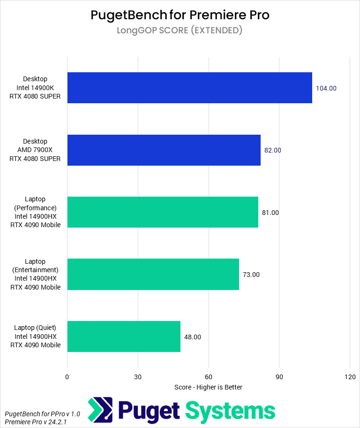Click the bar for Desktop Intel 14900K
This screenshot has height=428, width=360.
pos(189,88)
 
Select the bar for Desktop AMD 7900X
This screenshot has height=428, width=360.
pos(164,150)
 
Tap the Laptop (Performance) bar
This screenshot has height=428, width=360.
pos(163,212)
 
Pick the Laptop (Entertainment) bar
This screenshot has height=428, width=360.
pos(153,274)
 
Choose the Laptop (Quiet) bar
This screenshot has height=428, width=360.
pos(124,336)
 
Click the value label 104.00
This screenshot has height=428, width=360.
pos(326,88)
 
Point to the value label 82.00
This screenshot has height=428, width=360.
pos(273,150)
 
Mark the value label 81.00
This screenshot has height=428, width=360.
pos(270,213)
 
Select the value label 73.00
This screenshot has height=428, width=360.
pos(251,275)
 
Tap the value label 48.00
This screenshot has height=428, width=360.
pos(193,336)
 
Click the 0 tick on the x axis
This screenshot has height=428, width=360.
pos(67,377)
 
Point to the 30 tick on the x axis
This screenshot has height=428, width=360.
pos(138,377)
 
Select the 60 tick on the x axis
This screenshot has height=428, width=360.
pos(209,377)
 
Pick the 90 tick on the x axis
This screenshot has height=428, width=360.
pos(279,377)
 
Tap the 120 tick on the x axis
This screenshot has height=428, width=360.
pos(350,377)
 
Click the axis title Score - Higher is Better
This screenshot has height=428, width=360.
pos(208,387)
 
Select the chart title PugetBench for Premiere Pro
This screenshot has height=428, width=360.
pos(180,15)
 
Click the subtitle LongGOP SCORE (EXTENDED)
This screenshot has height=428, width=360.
pos(180,31)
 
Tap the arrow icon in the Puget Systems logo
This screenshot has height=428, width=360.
pos(100,410)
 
